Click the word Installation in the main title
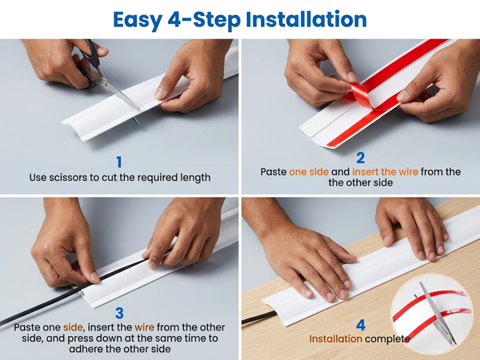pos(306,19)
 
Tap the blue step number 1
pos(119,162)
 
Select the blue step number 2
pos(361,158)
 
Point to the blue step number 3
pos(119,313)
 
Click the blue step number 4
pos(361,325)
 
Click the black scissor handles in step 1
pos(90,64)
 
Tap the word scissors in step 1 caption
pos(68,178)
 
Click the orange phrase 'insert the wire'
pos(385,172)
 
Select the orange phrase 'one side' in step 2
pos(309,172)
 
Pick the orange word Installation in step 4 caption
pos(335,339)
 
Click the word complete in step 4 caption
pos(387,339)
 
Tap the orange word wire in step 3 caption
pos(144,327)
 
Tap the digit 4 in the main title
pos(174,19)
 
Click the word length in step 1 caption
pos(196,178)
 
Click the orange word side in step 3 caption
pos(73,327)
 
